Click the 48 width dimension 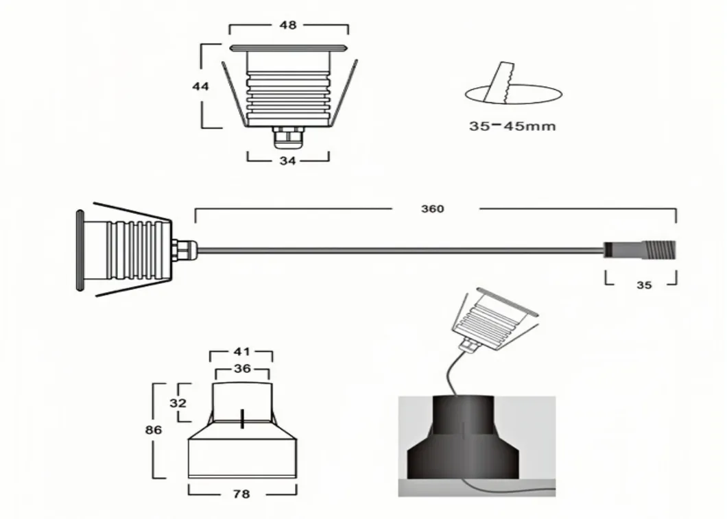pos(288,25)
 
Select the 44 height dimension pos(200,86)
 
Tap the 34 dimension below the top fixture pos(287,161)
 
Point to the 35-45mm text pos(512,126)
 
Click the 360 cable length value pos(433,209)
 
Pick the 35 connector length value pos(644,285)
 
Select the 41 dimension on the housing pos(241,352)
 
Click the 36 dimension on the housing pos(242,369)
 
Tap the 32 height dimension pos(178,403)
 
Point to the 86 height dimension pos(154,430)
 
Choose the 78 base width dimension pos(241,494)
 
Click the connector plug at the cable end pos(640,249)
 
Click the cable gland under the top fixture pos(287,137)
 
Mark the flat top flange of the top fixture pos(288,48)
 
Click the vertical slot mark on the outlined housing pos(241,419)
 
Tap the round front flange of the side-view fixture pos(80,250)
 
